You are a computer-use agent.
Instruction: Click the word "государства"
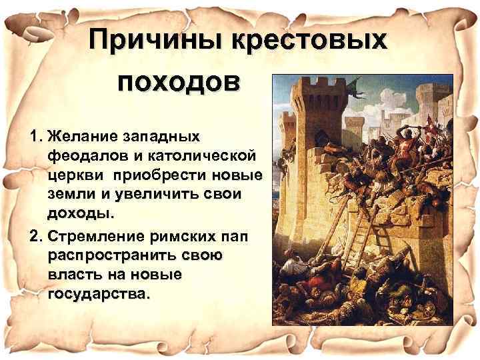pyautogui.click(x=97, y=293)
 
